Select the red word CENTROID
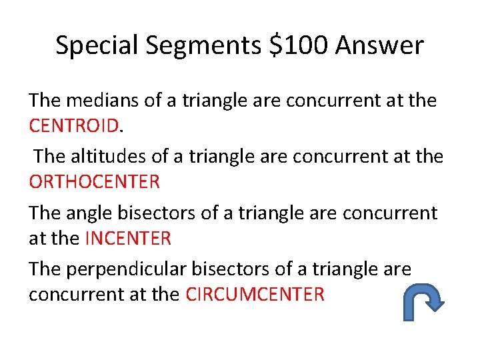[x=73, y=125]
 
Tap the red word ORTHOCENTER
[x=94, y=181]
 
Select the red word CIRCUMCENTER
[x=255, y=293]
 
